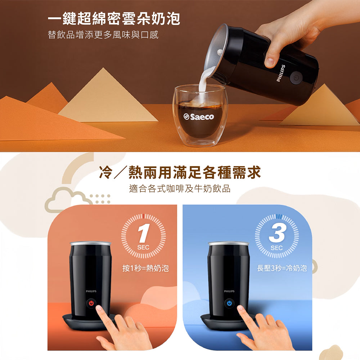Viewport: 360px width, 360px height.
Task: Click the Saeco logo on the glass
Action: pos(199,117)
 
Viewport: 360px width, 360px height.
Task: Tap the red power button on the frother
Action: pos(91,303)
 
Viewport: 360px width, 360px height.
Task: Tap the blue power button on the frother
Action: pos(229,303)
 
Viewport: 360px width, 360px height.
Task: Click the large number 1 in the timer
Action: pos(144,233)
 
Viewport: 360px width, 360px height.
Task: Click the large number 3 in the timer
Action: pos(277,233)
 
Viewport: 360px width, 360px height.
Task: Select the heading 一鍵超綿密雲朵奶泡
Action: pos(114,18)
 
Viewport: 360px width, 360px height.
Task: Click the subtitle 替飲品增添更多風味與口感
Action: pos(103,35)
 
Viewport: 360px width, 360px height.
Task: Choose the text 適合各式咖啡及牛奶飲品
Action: pos(180,189)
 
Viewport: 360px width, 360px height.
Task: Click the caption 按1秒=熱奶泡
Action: pos(145,268)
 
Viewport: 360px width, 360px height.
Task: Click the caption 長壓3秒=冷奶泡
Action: pos(282,268)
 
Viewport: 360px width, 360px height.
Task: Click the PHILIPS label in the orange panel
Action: pos(91,291)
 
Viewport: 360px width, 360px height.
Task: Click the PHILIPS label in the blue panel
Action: pos(229,291)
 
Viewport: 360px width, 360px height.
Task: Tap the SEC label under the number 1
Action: pos(143,248)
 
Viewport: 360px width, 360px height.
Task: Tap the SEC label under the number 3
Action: pos(276,248)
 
